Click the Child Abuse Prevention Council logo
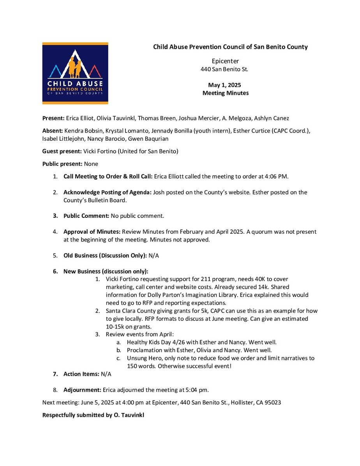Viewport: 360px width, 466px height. (x=75, y=73)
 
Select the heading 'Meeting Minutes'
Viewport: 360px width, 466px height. (x=225, y=93)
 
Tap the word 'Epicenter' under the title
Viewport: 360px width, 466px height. (x=225, y=61)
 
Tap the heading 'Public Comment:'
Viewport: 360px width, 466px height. (x=86, y=216)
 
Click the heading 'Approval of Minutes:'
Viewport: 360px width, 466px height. (x=92, y=232)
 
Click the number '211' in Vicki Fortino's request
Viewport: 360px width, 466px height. (x=206, y=279)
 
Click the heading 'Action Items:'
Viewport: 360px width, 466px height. (x=81, y=374)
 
